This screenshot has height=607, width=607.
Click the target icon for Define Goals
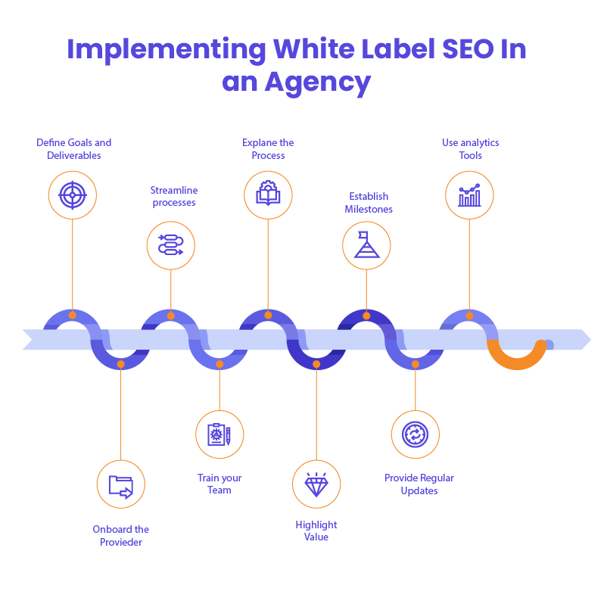pos(73,195)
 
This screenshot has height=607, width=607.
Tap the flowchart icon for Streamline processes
pos(170,245)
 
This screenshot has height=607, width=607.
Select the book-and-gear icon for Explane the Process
pos(268,194)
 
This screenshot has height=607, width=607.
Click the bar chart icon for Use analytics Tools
pos(469,195)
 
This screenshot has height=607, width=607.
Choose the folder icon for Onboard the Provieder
pos(121,484)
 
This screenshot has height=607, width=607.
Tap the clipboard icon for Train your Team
pos(219,434)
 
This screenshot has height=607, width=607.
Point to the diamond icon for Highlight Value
pos(316,484)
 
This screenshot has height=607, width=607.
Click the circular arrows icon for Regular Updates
pos(415,434)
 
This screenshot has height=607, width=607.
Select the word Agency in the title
pos(318,82)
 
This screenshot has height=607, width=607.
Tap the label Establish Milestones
pos(369,203)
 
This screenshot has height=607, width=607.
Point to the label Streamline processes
pos(173,197)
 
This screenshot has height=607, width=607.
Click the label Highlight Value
pos(316,531)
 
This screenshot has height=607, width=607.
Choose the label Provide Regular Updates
pos(419,484)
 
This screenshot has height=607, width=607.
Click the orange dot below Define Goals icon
pos(73,315)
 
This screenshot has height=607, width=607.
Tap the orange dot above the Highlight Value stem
pos(316,364)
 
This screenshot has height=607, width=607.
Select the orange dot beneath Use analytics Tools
pos(469,315)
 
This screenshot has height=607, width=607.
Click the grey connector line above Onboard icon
pos(121,412)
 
